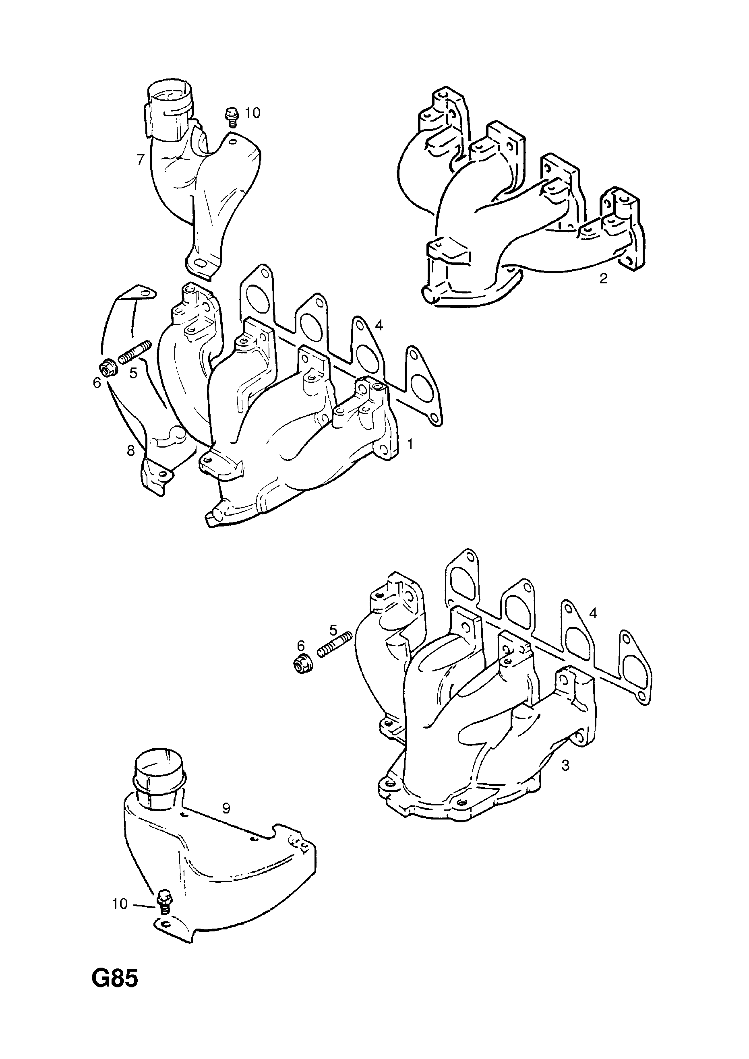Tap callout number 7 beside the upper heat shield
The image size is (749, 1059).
click(141, 159)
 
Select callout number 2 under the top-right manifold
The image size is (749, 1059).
click(603, 278)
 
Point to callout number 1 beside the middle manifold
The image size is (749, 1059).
click(410, 444)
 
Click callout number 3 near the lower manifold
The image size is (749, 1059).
click(565, 766)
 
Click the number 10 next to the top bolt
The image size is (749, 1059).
click(252, 113)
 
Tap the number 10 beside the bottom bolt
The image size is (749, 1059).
click(120, 904)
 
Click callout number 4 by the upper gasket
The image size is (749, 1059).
click(379, 326)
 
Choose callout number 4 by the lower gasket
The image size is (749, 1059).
click(594, 613)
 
